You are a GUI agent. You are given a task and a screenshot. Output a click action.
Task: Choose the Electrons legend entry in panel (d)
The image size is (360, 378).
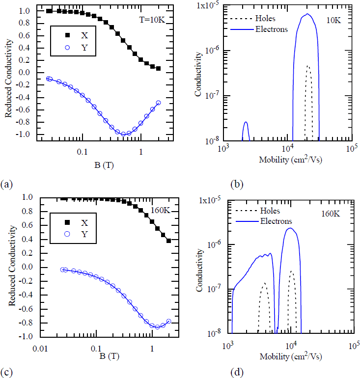click(274, 221)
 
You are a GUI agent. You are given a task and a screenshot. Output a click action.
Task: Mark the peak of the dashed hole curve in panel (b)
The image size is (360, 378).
click(308, 66)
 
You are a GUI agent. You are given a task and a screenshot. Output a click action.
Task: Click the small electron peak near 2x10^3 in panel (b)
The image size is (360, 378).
click(246, 122)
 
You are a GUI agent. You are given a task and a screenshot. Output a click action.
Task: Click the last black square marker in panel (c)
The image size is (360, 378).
click(168, 241)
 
